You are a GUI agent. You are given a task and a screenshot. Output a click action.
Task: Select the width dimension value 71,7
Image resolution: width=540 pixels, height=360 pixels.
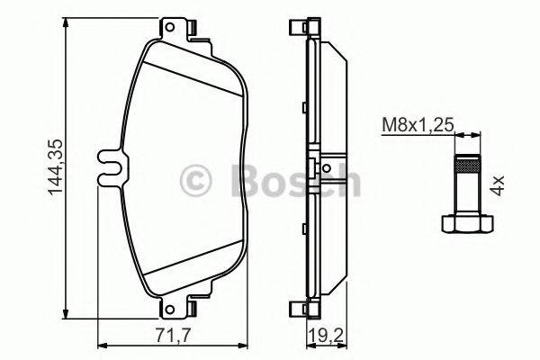(168, 337)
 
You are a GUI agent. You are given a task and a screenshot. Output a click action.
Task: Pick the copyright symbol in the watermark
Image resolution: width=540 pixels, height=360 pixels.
(198, 180)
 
